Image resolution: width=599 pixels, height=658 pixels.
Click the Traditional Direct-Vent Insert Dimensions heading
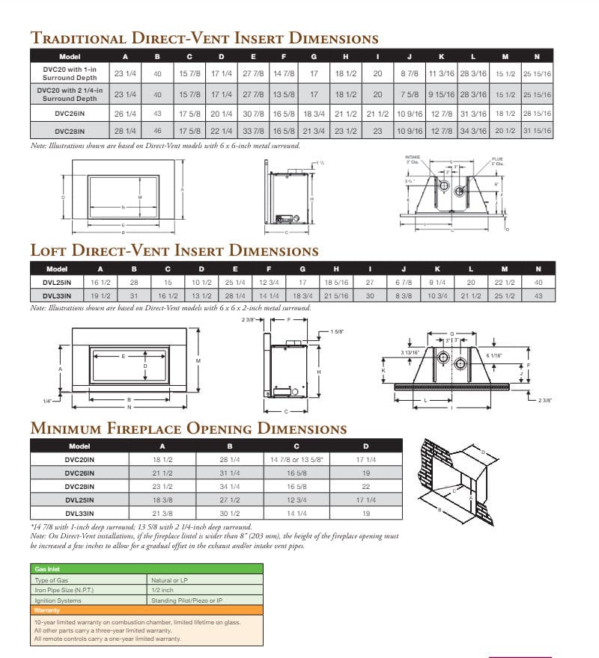[204, 38]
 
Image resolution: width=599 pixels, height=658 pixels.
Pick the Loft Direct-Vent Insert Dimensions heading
[174, 250]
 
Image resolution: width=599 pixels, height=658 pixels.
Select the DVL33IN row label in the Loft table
[57, 296]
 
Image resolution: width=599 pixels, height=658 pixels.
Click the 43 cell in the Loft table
[537, 296]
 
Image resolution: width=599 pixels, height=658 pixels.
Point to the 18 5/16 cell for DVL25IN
[336, 283]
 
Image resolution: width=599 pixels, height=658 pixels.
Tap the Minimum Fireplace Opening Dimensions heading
[188, 428]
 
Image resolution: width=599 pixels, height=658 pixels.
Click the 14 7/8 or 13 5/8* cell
[295, 460]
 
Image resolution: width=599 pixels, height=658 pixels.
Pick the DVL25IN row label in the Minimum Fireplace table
[79, 499]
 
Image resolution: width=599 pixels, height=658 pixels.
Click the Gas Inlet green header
[47, 569]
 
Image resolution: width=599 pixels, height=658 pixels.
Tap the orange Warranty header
[47, 610]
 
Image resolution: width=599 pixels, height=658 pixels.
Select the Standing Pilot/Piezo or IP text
[187, 600]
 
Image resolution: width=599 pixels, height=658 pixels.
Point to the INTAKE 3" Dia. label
[413, 159]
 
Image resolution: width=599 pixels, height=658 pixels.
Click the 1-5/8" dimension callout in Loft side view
[336, 331]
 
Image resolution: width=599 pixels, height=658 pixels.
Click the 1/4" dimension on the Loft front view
[47, 402]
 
